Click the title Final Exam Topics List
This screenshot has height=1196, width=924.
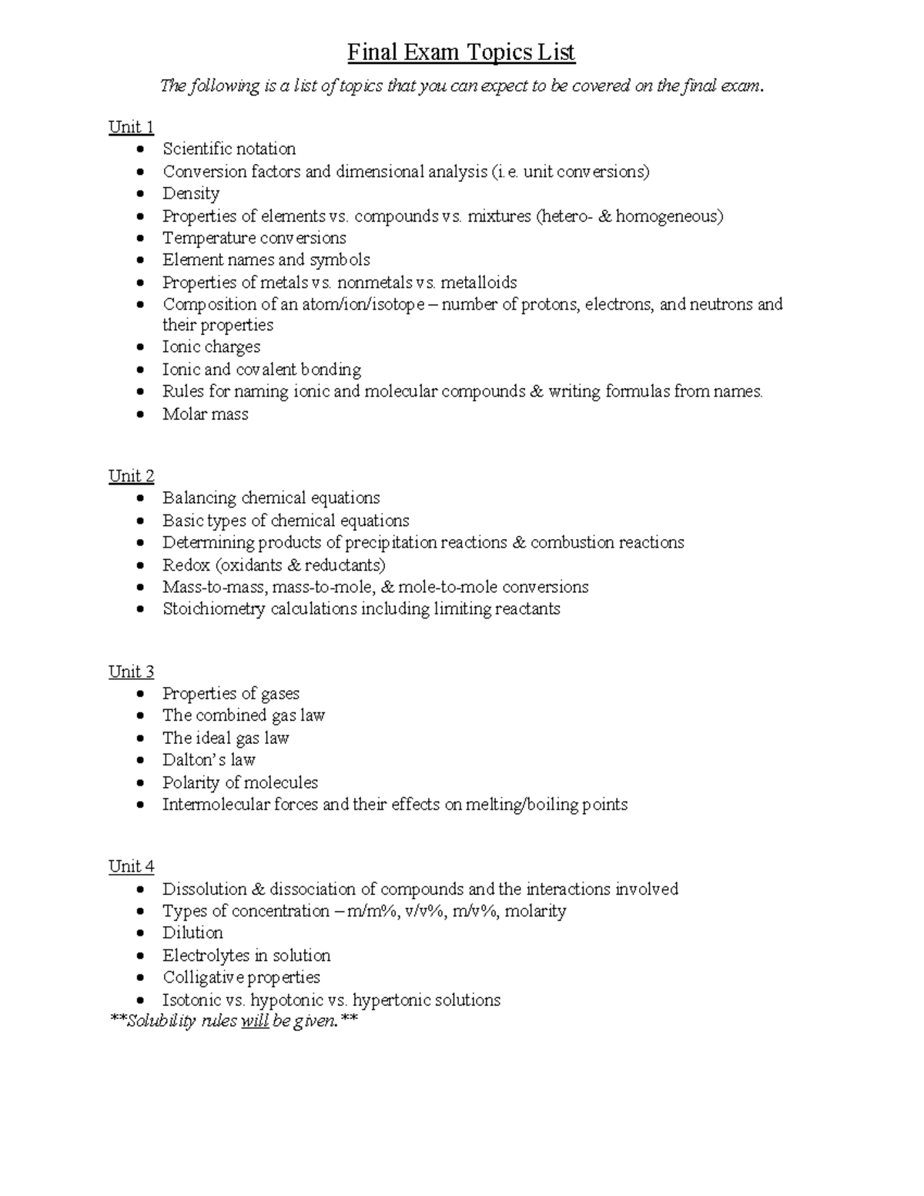461,52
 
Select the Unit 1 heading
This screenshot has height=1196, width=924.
131,127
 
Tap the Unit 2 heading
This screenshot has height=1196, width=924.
131,476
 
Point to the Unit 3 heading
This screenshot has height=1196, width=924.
131,672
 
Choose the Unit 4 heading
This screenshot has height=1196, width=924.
131,866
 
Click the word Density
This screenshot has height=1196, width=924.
191,193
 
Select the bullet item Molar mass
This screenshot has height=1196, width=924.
205,414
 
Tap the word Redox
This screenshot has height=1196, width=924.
186,565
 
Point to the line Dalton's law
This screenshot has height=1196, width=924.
209,760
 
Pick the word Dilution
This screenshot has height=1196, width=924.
192,933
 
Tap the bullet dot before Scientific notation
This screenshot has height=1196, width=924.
139,149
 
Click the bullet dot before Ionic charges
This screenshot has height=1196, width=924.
139,347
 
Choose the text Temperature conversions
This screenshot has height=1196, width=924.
254,238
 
